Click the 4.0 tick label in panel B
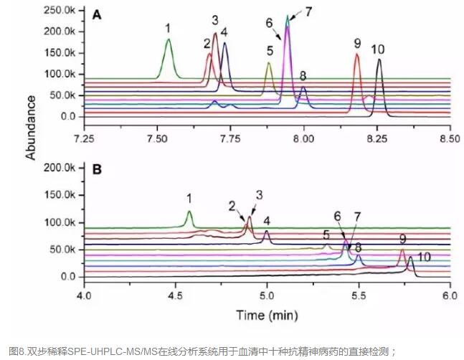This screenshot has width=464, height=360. [x=85, y=295]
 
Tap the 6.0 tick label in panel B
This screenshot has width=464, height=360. [x=450, y=295]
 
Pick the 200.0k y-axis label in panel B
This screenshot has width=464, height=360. [x=60, y=167]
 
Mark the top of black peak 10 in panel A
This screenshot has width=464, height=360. [x=379, y=60]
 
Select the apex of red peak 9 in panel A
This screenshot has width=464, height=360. [x=356, y=55]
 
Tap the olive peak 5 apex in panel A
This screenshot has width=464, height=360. [x=269, y=63]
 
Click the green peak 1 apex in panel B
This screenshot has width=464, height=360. [x=189, y=212]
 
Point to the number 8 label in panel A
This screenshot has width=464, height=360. [x=303, y=76]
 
